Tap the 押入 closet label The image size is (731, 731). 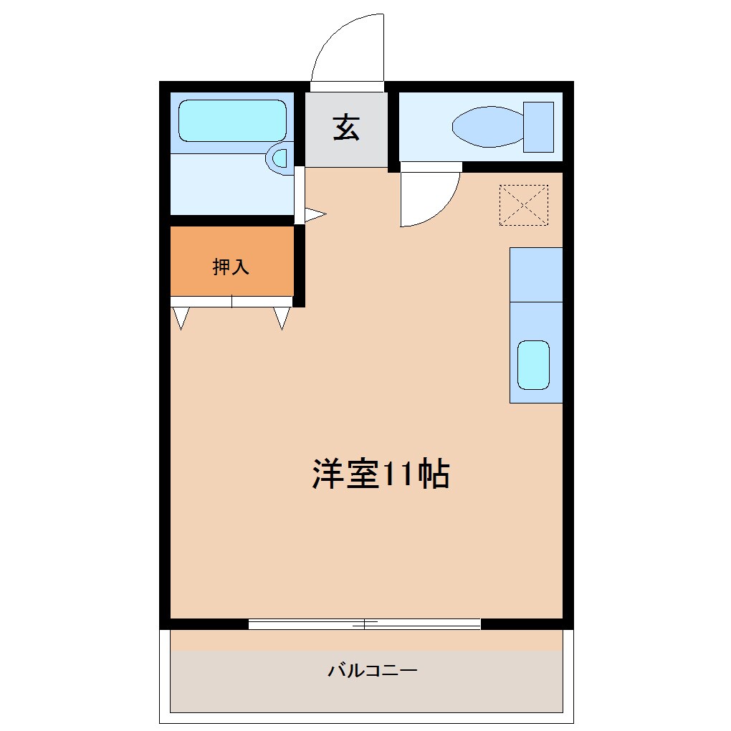(231, 267)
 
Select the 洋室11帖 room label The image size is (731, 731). (381, 474)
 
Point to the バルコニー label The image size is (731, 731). (373, 672)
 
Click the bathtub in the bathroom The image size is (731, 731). (232, 120)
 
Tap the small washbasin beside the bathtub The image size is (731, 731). (279, 158)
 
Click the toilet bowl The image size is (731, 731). (487, 127)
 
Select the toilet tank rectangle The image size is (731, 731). (538, 127)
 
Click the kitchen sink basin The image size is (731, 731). (533, 365)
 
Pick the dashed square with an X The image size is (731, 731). (523, 206)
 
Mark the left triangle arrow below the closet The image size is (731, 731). (180, 317)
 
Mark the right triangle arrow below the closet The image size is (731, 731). (282, 317)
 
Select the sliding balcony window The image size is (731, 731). (364, 624)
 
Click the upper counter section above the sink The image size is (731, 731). (536, 274)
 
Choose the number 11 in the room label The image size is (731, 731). (394, 474)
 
